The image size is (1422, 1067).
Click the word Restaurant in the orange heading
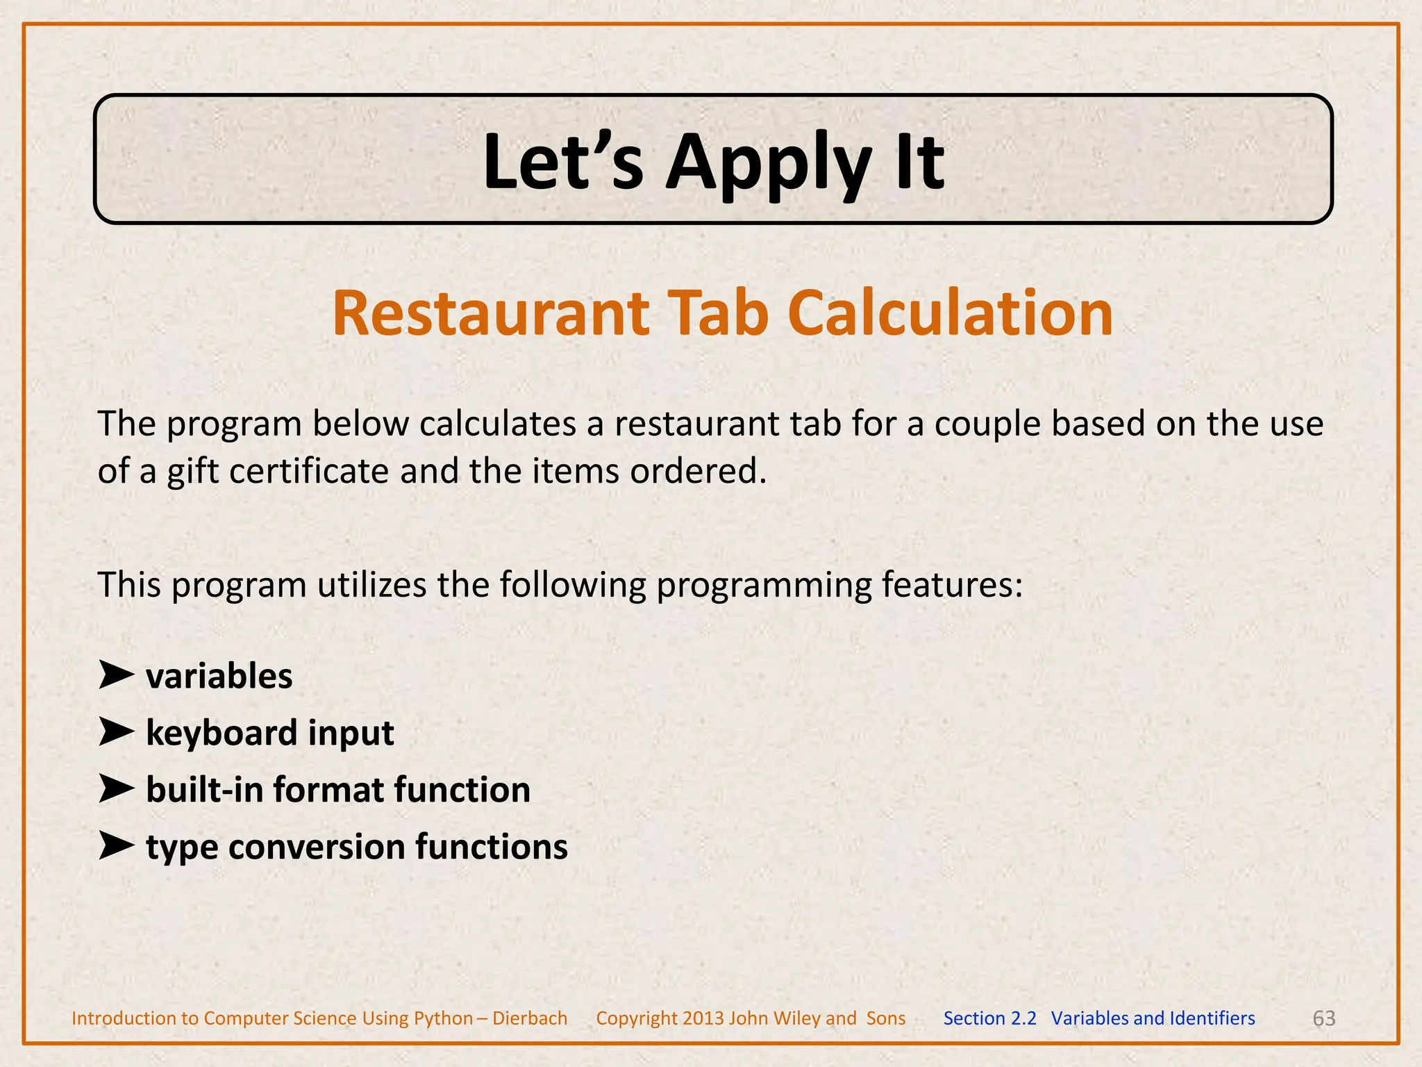click(490, 314)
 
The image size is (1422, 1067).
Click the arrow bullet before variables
click(115, 675)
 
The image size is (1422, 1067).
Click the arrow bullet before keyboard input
click(115, 732)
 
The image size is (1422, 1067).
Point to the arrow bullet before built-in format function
click(115, 789)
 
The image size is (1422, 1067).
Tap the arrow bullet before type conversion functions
click(115, 846)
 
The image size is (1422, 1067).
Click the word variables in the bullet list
click(219, 677)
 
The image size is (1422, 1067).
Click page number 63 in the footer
click(1323, 1018)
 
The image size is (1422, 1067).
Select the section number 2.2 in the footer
click(1023, 1018)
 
